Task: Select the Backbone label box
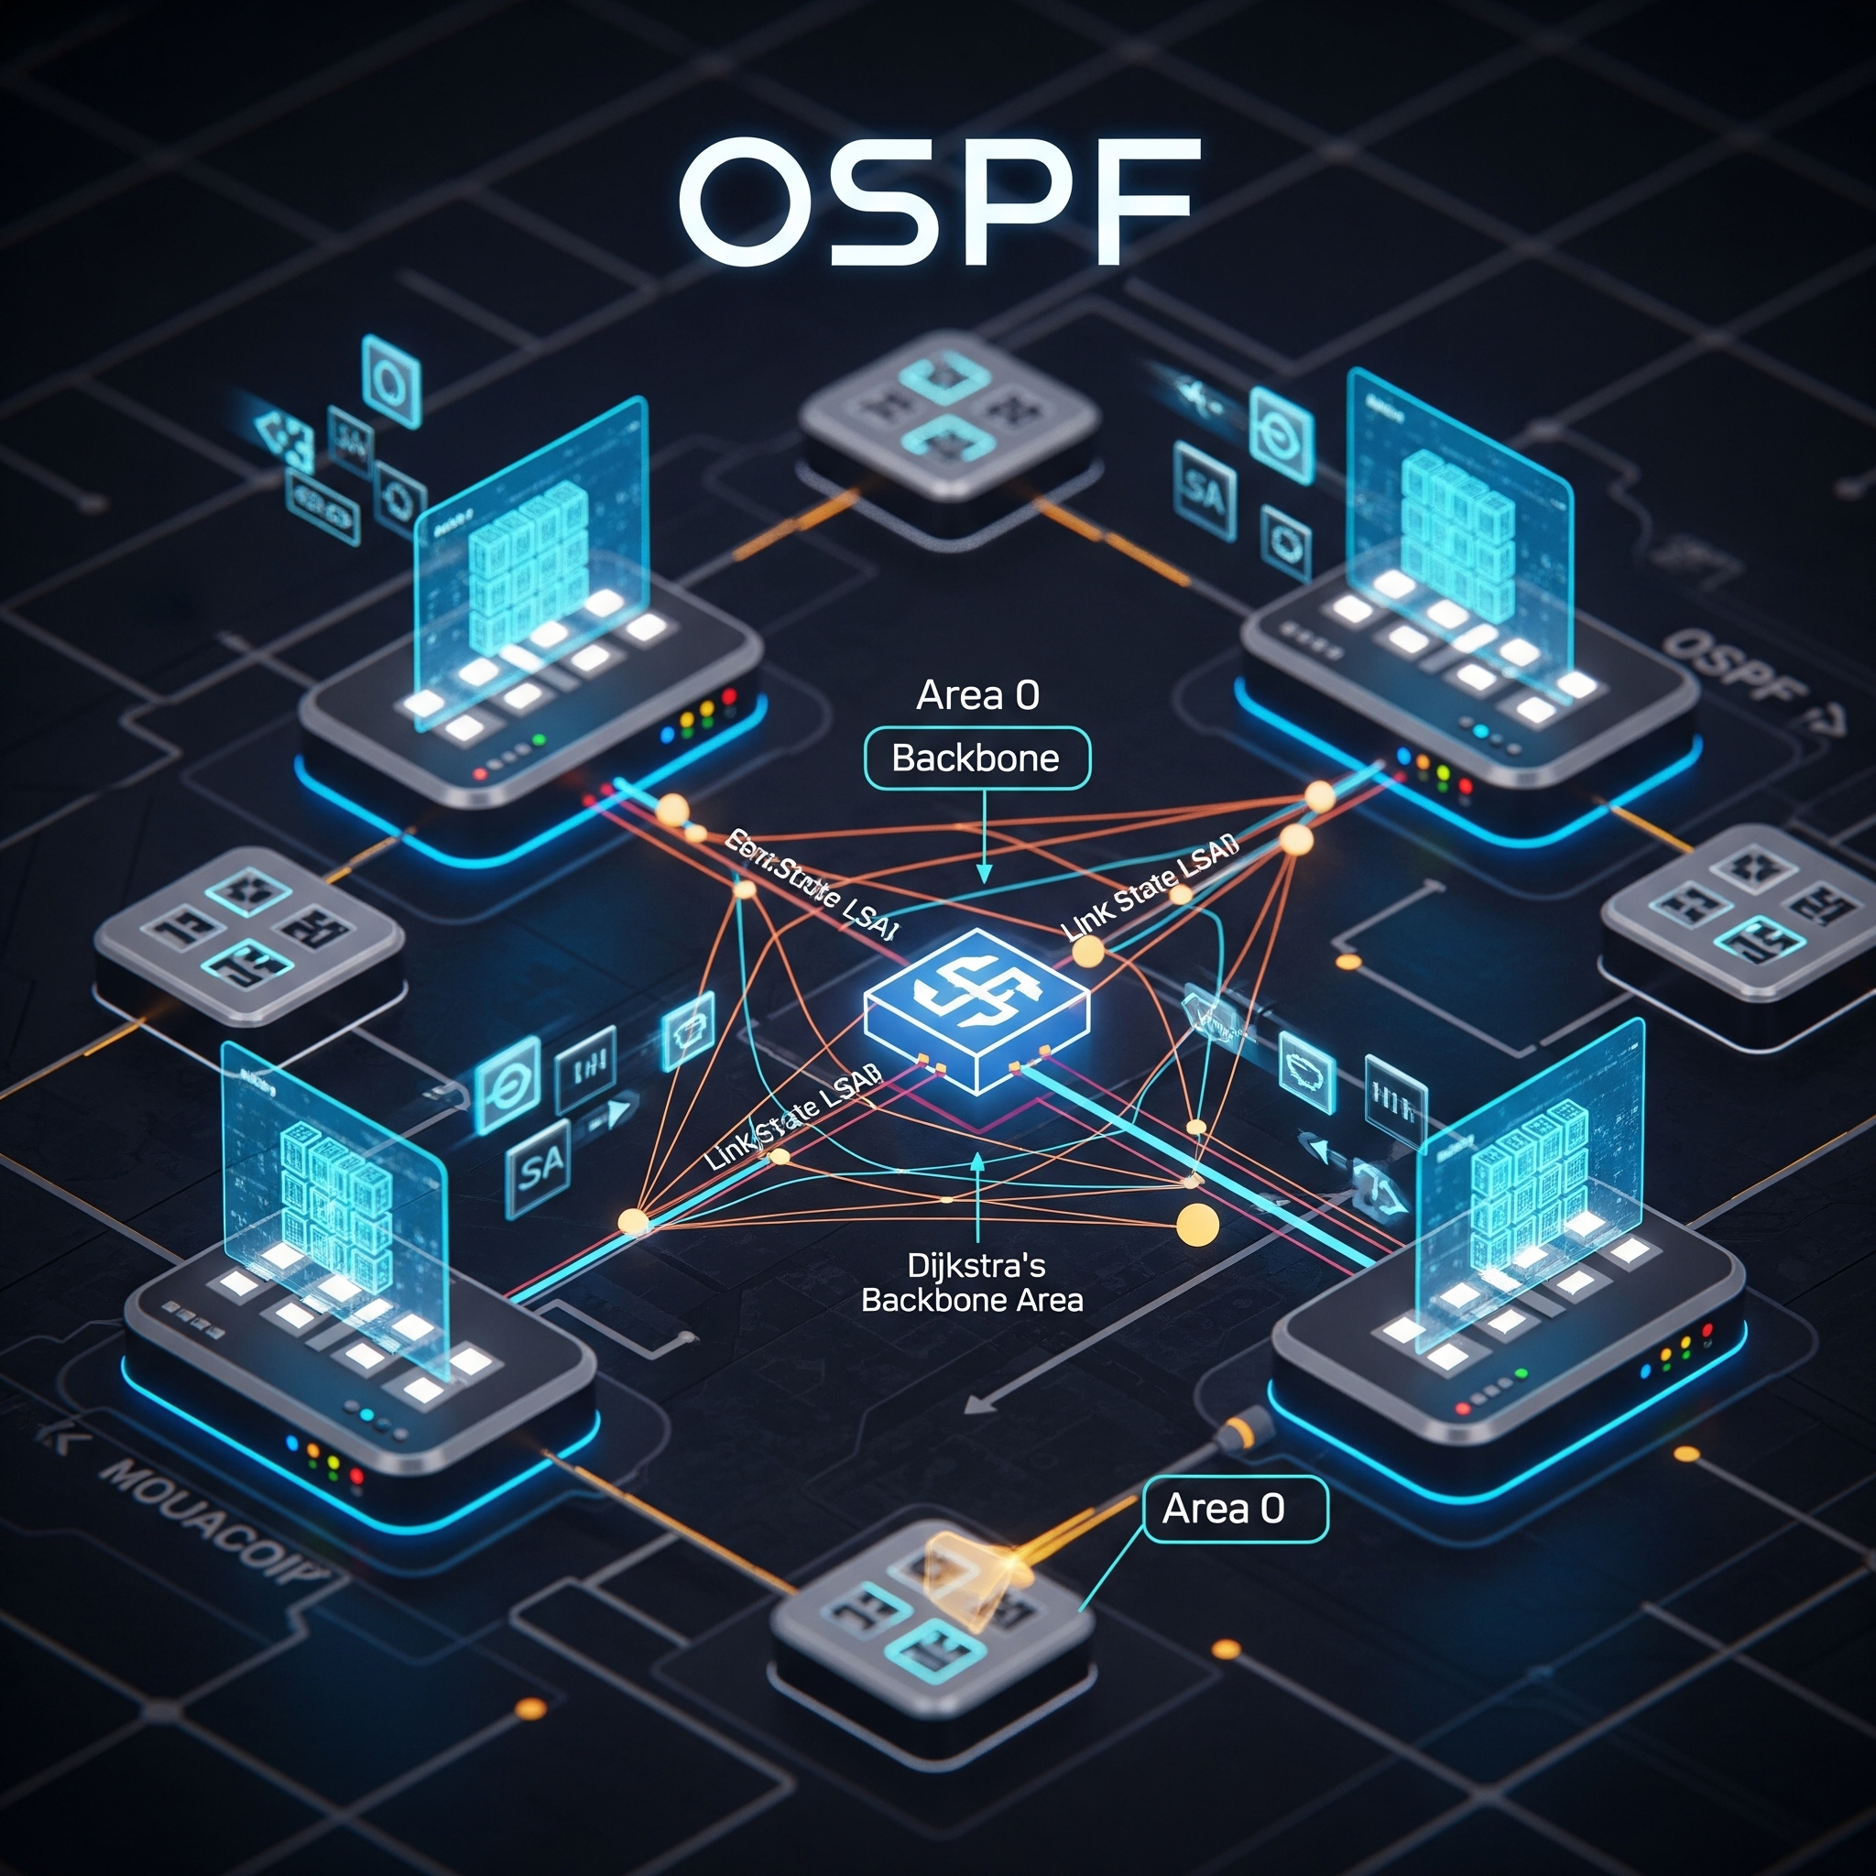click(976, 758)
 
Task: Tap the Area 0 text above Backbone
click(976, 695)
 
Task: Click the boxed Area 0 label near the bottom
click(1233, 1509)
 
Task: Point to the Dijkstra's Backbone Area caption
click(973, 1282)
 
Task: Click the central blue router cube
click(976, 1009)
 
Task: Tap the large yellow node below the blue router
click(1196, 1225)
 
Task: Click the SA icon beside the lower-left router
click(540, 1167)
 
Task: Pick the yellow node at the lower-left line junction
click(633, 1220)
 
